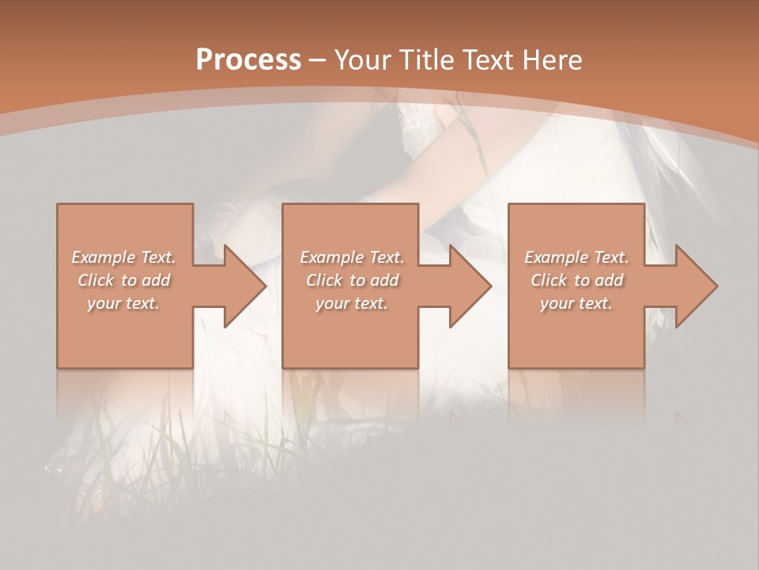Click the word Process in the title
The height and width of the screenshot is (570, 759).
(248, 59)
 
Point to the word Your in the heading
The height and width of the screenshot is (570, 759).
(364, 59)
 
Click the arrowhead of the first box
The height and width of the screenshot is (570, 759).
(245, 286)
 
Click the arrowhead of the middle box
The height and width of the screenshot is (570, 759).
(470, 286)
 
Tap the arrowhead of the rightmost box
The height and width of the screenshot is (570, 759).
(697, 286)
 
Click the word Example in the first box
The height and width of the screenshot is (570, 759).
(104, 257)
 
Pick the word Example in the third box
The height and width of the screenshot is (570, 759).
(557, 257)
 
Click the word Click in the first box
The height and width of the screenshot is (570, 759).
(96, 280)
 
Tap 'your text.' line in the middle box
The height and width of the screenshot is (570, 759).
(351, 303)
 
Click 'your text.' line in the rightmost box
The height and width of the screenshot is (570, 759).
(576, 303)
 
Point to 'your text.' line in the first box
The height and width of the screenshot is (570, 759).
(123, 303)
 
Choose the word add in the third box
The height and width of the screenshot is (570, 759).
(610, 280)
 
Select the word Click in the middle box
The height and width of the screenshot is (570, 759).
(324, 280)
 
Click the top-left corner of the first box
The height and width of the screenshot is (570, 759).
(58, 205)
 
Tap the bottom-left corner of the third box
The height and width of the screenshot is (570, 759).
(509, 367)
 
